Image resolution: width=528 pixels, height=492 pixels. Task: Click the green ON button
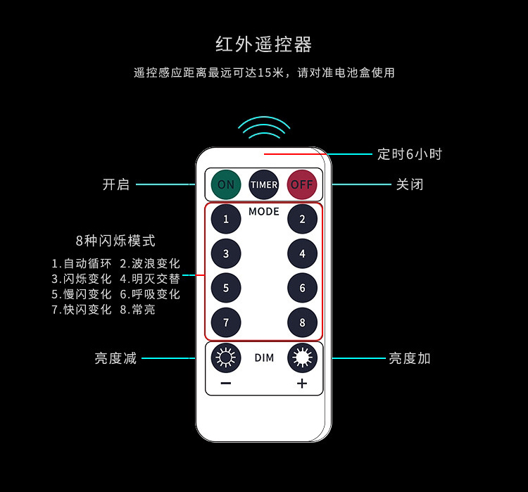(226, 184)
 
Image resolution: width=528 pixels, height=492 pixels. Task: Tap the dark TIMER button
(264, 184)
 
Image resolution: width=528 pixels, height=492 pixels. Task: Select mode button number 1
(226, 219)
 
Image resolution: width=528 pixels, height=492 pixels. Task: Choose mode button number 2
(302, 219)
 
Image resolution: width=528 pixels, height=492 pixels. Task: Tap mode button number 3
(226, 253)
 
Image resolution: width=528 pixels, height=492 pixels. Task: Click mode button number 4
(302, 253)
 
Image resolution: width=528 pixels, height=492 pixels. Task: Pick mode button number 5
(226, 288)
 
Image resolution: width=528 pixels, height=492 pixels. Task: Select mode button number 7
(226, 322)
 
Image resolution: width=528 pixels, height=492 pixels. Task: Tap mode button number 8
(302, 322)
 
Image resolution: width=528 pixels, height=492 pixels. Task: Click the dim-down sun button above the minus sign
(226, 358)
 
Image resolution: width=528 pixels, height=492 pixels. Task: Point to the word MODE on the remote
(264, 211)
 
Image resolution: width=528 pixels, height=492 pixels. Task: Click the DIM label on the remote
(264, 358)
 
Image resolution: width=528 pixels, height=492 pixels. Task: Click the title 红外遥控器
(264, 44)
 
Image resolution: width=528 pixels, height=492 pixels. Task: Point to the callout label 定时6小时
(410, 154)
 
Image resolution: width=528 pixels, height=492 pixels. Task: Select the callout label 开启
(116, 184)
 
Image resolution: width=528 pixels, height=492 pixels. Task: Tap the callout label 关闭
(410, 184)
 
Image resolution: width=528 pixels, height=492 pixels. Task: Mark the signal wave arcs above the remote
(264, 127)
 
